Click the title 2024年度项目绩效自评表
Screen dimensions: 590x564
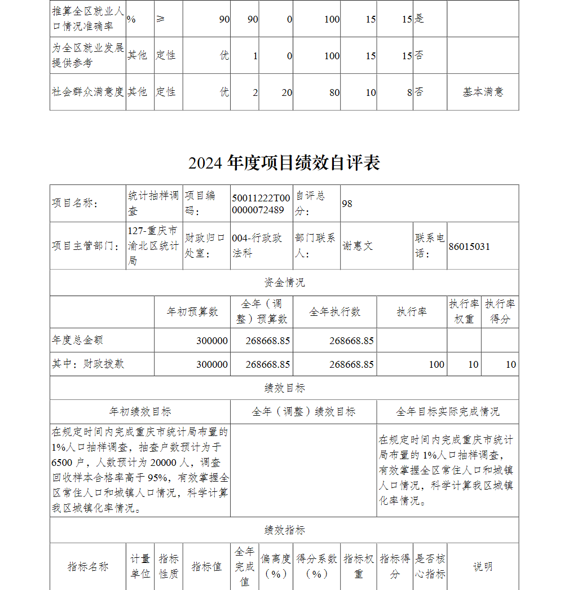tap(284, 162)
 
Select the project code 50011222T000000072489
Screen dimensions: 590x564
tap(261, 204)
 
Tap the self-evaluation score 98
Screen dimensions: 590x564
tap(347, 204)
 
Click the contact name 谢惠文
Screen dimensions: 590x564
tap(358, 246)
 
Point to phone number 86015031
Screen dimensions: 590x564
tap(469, 246)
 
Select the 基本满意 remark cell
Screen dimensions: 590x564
tap(483, 92)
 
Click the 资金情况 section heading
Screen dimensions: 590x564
tap(284, 283)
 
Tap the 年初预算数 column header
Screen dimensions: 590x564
tap(192, 312)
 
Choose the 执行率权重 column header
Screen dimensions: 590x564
tap(464, 311)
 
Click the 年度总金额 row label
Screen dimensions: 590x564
tap(78, 340)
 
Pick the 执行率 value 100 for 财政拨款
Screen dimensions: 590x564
tap(437, 364)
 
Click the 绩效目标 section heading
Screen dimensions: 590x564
tap(284, 388)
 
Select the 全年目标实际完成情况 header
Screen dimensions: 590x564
tap(447, 412)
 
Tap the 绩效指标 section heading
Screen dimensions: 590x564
tap(284, 530)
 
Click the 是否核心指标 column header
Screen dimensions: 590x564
tap(430, 566)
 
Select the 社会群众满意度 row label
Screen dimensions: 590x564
tap(88, 92)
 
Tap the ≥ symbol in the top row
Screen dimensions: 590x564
tap(161, 19)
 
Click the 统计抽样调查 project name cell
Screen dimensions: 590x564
tap(153, 203)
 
